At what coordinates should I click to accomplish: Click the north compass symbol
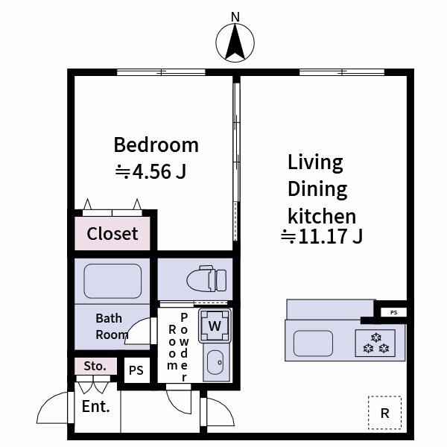point(236,42)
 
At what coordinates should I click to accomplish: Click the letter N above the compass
point(236,16)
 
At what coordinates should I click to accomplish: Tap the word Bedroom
point(156,145)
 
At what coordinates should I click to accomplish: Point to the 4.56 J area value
point(150,172)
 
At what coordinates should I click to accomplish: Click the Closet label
point(112,234)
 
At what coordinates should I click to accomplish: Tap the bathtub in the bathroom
point(112,280)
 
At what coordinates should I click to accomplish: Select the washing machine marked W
point(215,325)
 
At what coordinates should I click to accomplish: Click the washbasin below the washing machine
point(215,363)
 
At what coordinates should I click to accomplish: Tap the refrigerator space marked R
point(384,413)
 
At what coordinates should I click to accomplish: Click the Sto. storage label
point(95,367)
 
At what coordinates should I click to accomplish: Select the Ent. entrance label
point(96,407)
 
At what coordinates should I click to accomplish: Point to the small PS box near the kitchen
point(393,312)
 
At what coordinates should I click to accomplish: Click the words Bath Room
point(110,327)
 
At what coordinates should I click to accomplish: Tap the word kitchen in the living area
point(322,216)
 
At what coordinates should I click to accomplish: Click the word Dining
point(318,188)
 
